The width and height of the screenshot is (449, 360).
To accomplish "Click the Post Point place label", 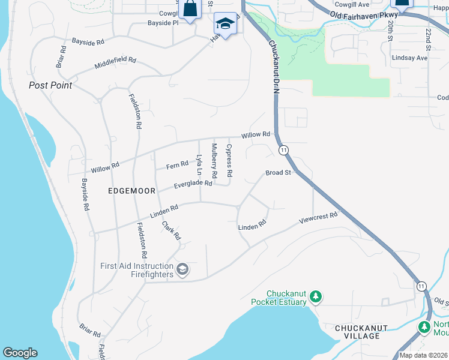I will (x=50, y=85).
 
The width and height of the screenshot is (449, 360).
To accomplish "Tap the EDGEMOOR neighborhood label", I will (x=131, y=191).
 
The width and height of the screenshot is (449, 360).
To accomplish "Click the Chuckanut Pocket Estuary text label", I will (x=279, y=297).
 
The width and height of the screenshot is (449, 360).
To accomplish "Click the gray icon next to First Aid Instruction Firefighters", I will (x=182, y=270).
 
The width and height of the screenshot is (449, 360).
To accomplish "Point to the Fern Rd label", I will (x=178, y=165).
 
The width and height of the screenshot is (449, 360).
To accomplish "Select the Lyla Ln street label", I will (x=199, y=165).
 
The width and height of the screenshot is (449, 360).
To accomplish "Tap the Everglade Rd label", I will (x=193, y=184).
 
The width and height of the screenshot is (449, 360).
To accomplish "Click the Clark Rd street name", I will (x=171, y=230).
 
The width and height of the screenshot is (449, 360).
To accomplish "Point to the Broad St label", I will (x=279, y=173).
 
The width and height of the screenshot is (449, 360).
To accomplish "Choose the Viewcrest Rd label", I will (x=318, y=218).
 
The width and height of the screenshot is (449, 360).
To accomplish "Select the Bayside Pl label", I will (x=163, y=23).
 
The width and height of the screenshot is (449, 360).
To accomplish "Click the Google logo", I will (x=20, y=353).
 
